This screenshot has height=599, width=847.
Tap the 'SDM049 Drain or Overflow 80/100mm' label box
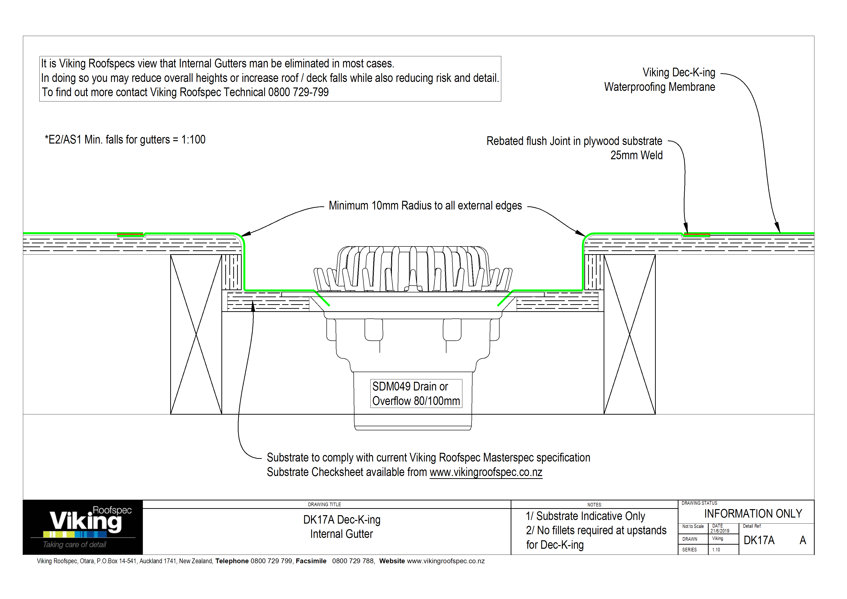pos(416,393)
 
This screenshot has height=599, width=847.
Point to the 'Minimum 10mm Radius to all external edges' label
pos(425,206)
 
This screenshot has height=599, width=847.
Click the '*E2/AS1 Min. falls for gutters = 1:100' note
pos(125,139)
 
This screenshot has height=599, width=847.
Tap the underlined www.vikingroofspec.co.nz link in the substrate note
pos(486,472)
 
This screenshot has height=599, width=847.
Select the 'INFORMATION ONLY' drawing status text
pos(753,514)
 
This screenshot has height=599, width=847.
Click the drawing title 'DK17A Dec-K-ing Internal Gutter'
pos(342,527)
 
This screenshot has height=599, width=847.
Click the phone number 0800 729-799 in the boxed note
pos(298,92)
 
